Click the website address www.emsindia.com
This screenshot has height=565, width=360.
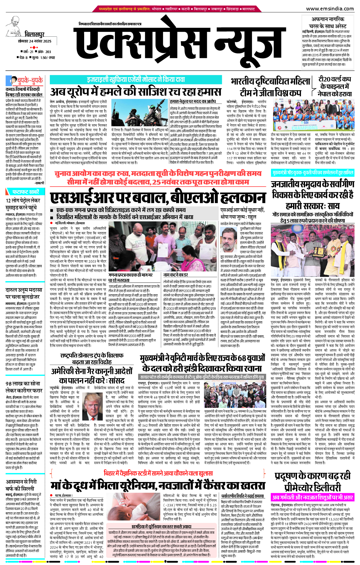click(330, 9)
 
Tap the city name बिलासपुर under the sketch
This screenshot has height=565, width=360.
click(34, 35)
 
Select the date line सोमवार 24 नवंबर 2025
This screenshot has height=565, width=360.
click(35, 41)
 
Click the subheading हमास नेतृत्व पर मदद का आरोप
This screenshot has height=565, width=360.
click(193, 101)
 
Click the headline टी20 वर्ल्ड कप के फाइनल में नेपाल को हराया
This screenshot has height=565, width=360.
click(335, 86)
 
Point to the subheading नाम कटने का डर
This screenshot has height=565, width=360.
click(176, 275)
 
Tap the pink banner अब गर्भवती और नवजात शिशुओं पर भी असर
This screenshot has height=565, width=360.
click(312, 497)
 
